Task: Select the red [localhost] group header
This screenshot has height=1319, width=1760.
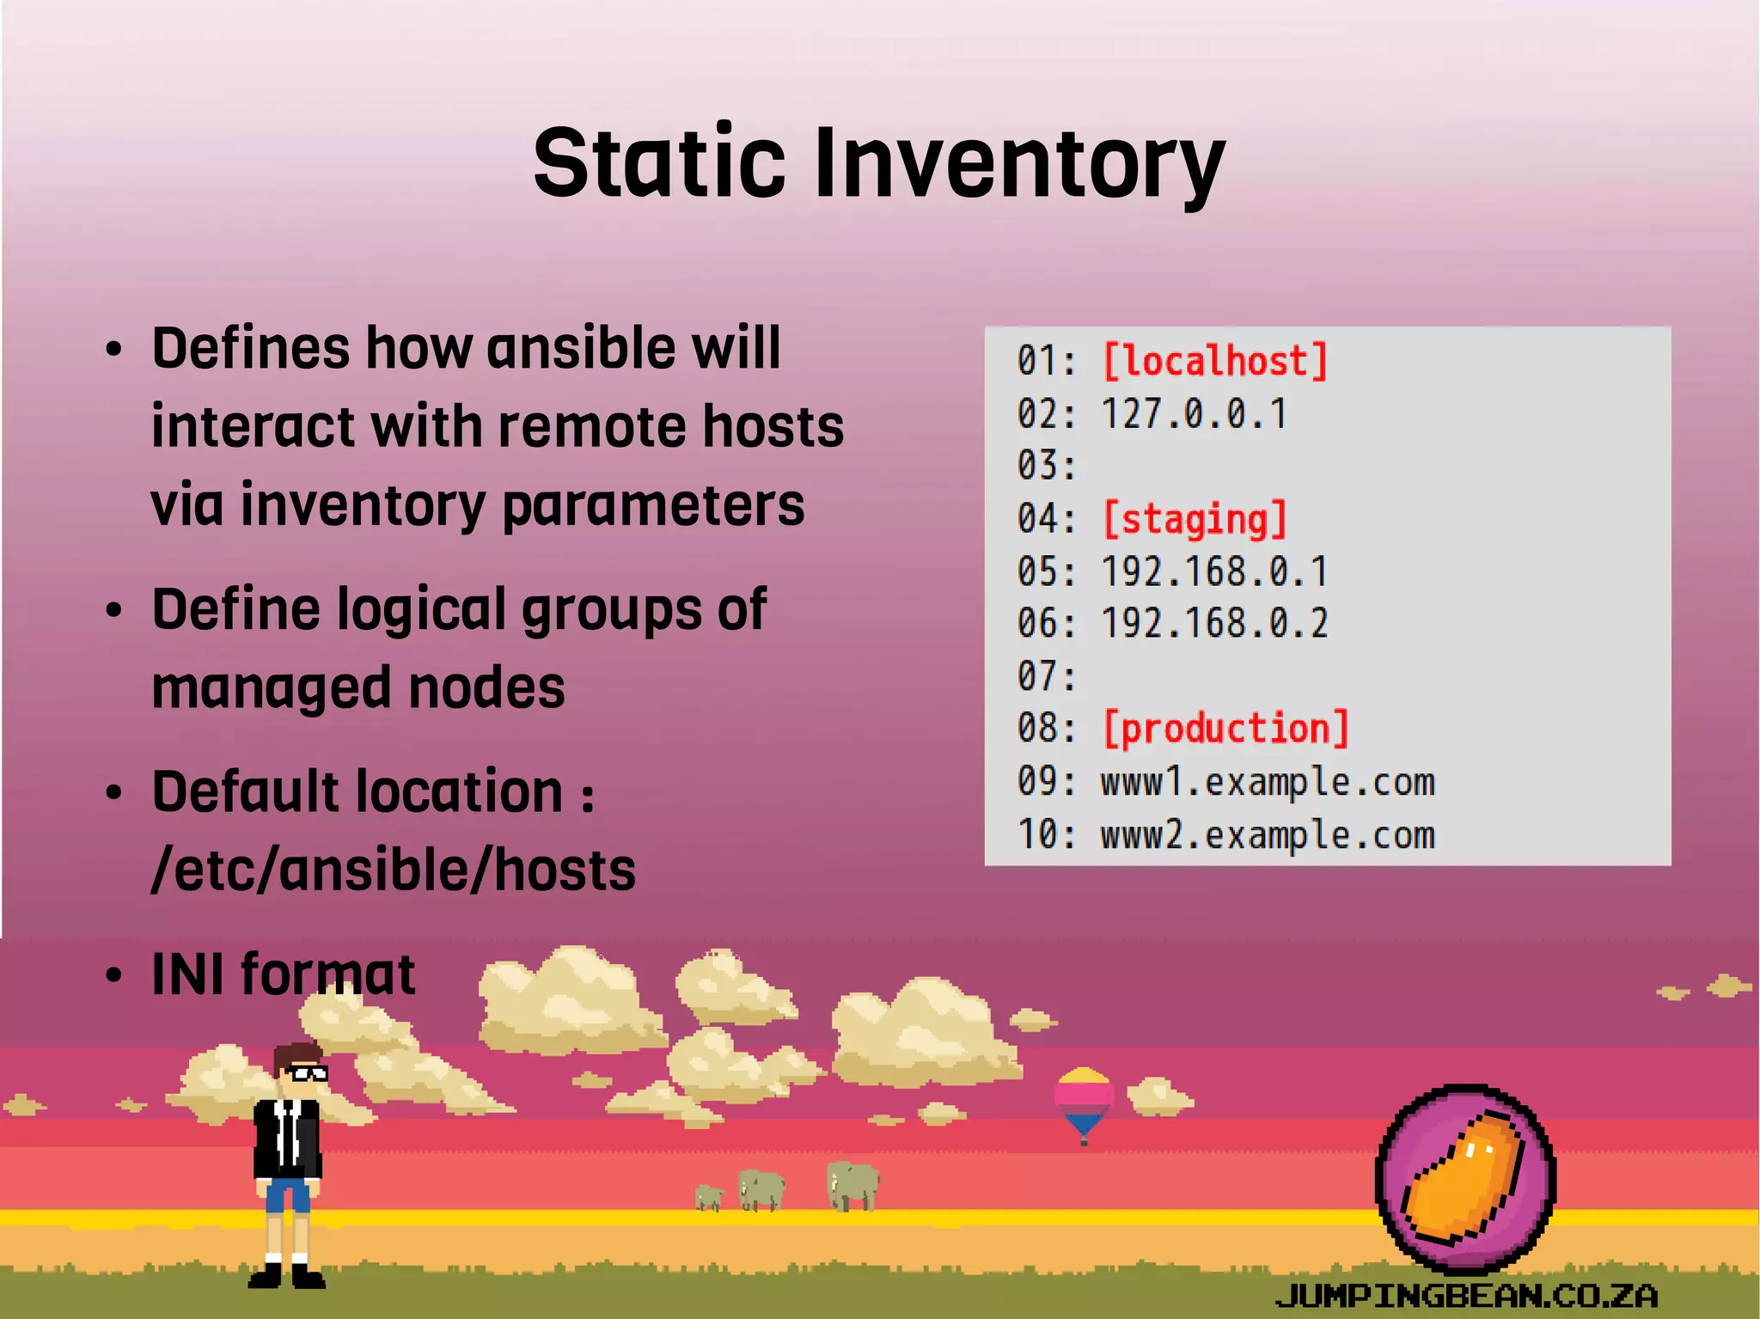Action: pyautogui.click(x=1214, y=362)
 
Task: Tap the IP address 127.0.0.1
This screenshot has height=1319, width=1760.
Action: pyautogui.click(x=1194, y=414)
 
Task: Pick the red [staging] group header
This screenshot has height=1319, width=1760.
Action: pyautogui.click(x=1194, y=520)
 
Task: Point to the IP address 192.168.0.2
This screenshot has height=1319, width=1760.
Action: pyautogui.click(x=1214, y=624)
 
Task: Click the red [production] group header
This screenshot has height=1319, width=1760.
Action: pyautogui.click(x=1225, y=729)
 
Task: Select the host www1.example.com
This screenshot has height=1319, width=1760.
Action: pyautogui.click(x=1268, y=782)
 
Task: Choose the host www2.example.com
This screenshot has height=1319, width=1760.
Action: pyautogui.click(x=1268, y=835)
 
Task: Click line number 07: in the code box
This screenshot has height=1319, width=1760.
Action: pyautogui.click(x=1046, y=676)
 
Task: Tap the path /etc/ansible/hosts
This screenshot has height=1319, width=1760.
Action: pyautogui.click(x=394, y=870)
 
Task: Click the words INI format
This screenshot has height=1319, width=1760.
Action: pyautogui.click(x=284, y=974)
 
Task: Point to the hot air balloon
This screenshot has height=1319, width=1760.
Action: pyautogui.click(x=1084, y=1100)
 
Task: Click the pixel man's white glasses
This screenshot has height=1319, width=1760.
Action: pyautogui.click(x=307, y=1072)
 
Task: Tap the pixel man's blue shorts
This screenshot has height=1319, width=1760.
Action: pyautogui.click(x=287, y=1195)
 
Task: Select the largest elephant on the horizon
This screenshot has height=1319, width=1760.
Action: pyautogui.click(x=852, y=1184)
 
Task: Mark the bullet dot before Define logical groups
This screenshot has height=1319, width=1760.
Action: pyautogui.click(x=114, y=611)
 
